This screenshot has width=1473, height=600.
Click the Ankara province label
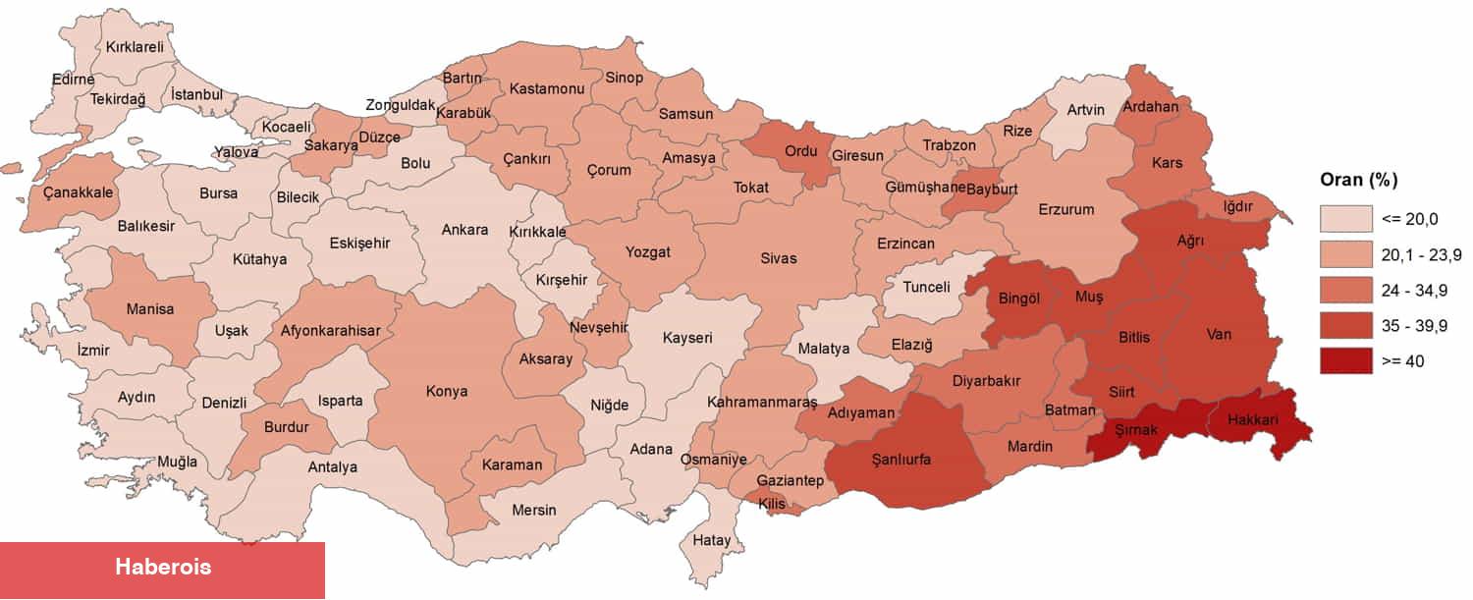click(464, 230)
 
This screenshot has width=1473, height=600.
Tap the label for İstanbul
click(197, 95)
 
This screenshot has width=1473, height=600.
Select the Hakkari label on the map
click(1251, 419)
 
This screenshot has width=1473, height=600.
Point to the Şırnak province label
click(1136, 430)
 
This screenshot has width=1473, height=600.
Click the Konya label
click(447, 391)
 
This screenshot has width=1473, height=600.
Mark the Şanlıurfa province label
click(900, 459)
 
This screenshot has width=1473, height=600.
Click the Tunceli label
click(926, 287)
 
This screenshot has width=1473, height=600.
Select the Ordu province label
click(799, 152)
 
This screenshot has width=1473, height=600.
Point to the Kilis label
click(772, 503)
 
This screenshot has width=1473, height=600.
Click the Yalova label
click(237, 152)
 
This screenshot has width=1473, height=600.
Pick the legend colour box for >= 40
click(1345, 361)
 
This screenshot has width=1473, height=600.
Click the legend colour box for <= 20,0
click(1345, 219)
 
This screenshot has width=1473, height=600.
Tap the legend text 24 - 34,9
click(1414, 291)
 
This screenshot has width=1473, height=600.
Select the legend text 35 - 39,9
click(1414, 326)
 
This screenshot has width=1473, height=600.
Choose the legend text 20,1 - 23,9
click(1422, 255)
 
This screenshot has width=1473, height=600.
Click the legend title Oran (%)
click(1359, 180)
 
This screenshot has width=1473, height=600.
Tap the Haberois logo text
click(163, 567)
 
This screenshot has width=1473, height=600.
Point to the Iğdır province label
click(1236, 207)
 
